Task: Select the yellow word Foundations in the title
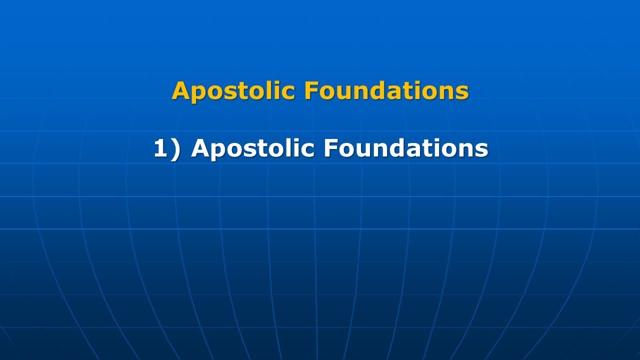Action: (x=386, y=91)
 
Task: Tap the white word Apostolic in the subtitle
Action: (x=253, y=149)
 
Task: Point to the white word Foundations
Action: (x=406, y=149)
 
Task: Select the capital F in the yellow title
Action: (x=310, y=91)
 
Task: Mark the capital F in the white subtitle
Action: (x=330, y=149)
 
